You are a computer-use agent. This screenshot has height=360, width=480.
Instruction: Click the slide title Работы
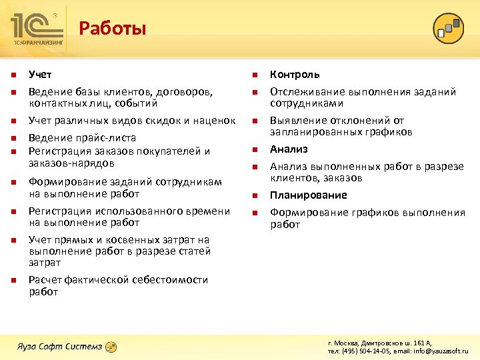point(112,29)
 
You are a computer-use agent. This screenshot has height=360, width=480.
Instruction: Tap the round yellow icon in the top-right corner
point(448,29)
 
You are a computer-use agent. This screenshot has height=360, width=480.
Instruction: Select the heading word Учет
point(40,75)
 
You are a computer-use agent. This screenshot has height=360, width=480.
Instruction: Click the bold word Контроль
point(294,75)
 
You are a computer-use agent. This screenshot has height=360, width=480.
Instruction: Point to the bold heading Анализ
point(289,149)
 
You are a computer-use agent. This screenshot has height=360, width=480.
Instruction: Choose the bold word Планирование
point(308,195)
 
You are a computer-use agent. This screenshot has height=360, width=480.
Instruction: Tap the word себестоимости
point(170,280)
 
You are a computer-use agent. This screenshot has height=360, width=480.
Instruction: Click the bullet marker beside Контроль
point(254,75)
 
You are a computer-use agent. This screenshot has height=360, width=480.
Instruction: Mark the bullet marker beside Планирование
point(254,196)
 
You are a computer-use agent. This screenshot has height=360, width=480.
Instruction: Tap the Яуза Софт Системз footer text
point(59,347)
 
